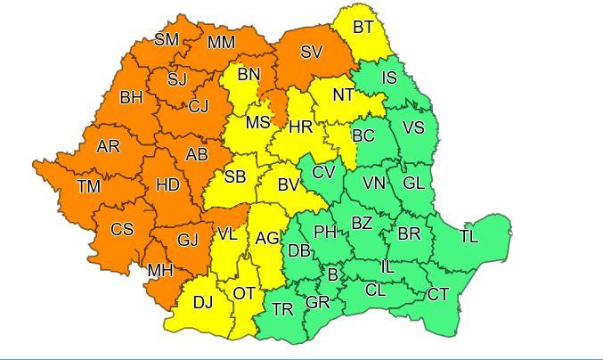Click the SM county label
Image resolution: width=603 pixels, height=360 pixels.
click(167, 38)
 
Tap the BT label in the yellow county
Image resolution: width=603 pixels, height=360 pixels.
click(363, 27)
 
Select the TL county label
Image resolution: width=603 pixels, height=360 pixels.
click(469, 236)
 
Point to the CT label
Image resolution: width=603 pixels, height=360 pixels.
click(437, 294)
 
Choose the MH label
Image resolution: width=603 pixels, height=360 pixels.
click(160, 270)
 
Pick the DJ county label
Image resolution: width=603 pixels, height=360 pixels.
click(203, 302)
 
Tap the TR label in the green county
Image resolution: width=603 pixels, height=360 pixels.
click(282, 309)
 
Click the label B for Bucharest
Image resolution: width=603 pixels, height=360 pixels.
click(333, 274)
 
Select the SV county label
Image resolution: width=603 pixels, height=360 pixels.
click(311, 52)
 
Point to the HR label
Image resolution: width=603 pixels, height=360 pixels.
click(301, 127)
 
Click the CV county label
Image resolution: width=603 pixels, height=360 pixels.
click(323, 171)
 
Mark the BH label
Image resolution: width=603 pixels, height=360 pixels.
click(131, 97)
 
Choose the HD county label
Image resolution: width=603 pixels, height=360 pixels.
click(167, 185)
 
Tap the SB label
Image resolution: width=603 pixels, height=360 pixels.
click(234, 176)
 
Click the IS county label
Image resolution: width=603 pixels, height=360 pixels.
click(389, 78)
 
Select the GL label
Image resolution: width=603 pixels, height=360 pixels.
click(413, 183)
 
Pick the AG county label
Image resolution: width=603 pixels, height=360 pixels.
click(267, 238)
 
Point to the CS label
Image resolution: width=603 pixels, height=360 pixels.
click(122, 229)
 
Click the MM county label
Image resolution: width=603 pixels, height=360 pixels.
click(221, 42)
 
